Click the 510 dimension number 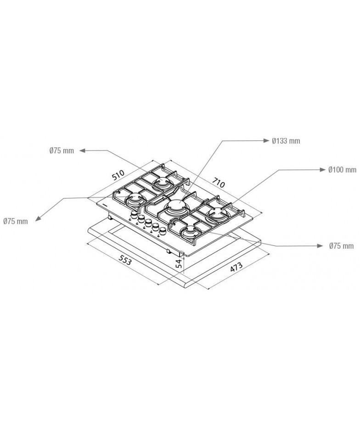(x=118, y=175)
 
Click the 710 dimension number (x=219, y=183)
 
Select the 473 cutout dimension (x=236, y=267)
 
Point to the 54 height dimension (x=179, y=263)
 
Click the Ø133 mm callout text (x=286, y=141)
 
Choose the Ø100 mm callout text (x=342, y=170)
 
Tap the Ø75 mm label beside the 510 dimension (x=62, y=150)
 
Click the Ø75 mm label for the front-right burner (x=341, y=245)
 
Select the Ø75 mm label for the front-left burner (x=16, y=221)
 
